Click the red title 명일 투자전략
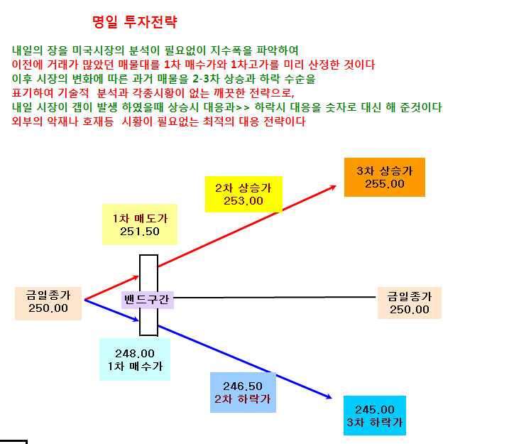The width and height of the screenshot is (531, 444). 134,22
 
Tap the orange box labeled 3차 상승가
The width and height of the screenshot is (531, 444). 384,177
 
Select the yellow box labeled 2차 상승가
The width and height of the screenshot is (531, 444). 243,194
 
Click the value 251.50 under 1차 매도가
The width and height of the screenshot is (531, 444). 140,232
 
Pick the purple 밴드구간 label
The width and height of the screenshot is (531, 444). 148,300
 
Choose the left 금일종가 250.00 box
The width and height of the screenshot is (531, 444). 48,303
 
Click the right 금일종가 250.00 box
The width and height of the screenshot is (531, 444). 410,303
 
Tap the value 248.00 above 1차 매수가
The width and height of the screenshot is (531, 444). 135,354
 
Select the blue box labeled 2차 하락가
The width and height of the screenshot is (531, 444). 243,392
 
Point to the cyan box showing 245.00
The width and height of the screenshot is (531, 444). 375,416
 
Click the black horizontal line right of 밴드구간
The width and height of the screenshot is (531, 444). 275,298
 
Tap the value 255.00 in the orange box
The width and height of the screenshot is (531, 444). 384,184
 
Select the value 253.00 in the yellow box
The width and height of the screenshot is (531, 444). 243,201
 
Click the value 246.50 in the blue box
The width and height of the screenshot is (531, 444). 243,386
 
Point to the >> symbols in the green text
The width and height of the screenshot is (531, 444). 243,108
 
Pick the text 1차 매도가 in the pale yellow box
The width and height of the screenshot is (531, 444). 140,219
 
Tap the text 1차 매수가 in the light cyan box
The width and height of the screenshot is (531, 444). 135,367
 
